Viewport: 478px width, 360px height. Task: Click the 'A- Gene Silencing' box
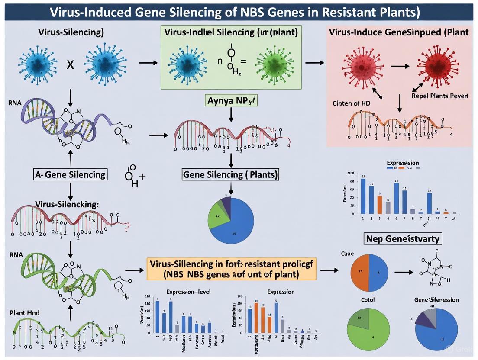click(70, 175)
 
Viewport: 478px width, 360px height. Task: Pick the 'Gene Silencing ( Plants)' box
click(231, 175)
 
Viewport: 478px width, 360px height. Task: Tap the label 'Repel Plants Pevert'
click(439, 96)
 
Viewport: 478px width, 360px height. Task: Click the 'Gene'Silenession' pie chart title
click(436, 299)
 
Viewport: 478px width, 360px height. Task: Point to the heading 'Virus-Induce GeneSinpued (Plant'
click(398, 32)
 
